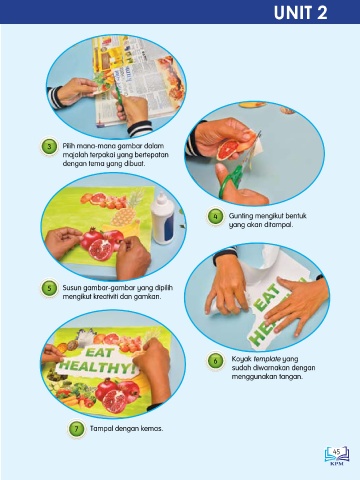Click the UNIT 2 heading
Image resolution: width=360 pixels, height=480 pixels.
pos(301,13)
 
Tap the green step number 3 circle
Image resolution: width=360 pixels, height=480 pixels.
pos(49,147)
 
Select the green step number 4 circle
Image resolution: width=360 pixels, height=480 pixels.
pos(215,217)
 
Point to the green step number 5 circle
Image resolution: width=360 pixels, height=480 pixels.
pos(49,288)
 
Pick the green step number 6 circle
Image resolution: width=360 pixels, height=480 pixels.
pos(215,361)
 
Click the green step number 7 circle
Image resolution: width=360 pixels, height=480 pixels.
pos(76,429)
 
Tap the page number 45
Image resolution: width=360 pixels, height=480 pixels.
pos(337,452)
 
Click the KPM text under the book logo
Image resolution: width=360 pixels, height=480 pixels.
pos(337,463)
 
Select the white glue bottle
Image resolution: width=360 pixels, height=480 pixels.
pos(162,219)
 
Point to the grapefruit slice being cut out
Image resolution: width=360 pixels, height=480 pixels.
pos(228,150)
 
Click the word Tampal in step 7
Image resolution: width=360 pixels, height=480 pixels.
pos(102,428)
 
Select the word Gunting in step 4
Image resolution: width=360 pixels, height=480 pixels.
pos(240,216)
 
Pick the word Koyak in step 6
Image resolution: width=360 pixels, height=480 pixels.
pos(241,359)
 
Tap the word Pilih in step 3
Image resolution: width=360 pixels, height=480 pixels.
pos(69,146)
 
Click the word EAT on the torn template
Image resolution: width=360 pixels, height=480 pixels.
pos(267,297)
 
